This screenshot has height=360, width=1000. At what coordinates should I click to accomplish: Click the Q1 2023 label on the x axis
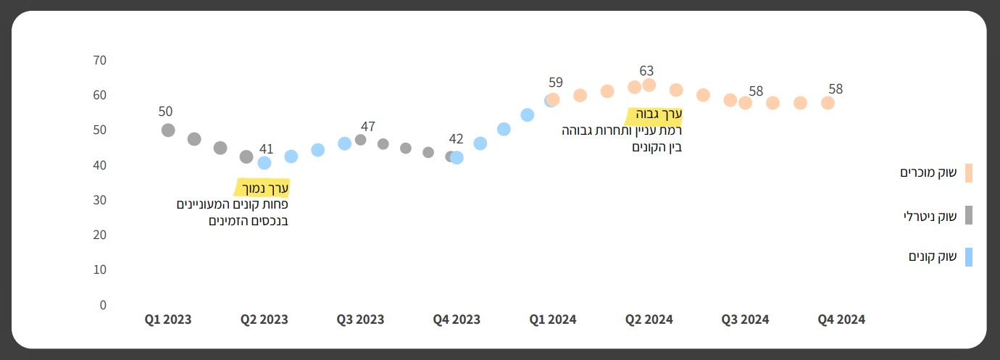[168, 319]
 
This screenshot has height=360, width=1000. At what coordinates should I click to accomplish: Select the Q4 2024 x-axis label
[841, 319]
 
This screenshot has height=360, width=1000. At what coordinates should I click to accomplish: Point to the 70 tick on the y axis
[99, 60]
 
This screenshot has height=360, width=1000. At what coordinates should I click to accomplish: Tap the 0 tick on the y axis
[103, 305]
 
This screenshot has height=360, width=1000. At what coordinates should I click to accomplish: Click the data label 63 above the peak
[646, 71]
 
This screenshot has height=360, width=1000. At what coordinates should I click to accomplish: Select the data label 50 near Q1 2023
[165, 112]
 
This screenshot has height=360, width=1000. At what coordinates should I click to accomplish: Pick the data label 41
[267, 149]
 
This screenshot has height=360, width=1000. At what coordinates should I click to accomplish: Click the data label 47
[368, 127]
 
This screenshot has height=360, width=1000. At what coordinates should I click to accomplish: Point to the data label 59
[556, 83]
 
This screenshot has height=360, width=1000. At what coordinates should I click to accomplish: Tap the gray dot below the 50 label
[168, 130]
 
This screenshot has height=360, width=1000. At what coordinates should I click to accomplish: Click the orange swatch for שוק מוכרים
[969, 173]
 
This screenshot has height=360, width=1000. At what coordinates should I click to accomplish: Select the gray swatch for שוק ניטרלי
[969, 215]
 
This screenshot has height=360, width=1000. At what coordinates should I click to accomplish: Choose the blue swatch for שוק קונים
[969, 257]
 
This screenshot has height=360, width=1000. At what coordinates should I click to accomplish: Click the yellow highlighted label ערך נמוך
[264, 188]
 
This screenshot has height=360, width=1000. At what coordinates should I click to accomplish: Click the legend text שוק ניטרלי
[930, 216]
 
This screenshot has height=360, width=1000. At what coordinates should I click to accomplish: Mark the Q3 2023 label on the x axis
[360, 319]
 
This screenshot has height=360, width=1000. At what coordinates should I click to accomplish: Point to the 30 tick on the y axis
[99, 200]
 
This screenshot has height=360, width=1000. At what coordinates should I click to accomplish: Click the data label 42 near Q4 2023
[456, 139]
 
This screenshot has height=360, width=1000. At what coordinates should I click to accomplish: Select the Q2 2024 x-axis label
[649, 319]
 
